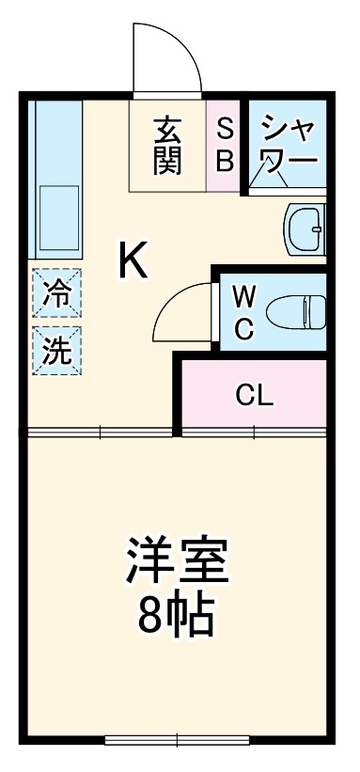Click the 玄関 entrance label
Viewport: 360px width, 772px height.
[167, 145]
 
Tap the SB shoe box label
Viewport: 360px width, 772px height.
[225, 145]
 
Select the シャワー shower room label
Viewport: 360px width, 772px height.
[288, 143]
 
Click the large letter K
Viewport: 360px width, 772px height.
[133, 260]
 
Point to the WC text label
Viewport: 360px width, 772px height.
[243, 313]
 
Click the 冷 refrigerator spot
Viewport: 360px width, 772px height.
[55, 294]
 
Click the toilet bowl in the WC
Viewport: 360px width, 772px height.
[295, 310]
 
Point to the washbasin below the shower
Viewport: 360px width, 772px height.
[305, 228]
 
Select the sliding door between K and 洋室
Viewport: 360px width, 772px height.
[100, 433]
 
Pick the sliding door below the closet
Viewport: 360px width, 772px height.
[254, 433]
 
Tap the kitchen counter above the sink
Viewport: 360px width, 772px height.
[58, 136]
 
